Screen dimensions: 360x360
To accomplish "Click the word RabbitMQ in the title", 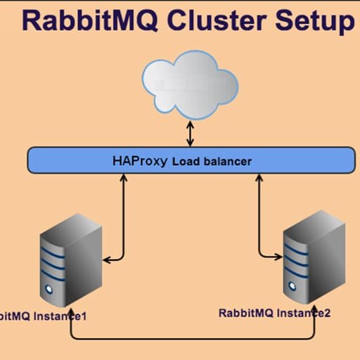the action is coord(90,20).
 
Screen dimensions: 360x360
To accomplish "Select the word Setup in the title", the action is coord(315,21).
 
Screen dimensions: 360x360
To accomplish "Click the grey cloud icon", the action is coord(190,85).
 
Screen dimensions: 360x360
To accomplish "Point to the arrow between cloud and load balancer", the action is coord(190,134).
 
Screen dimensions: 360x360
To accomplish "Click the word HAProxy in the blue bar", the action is coord(140,161).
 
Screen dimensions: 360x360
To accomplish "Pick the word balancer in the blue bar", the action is coord(228,162).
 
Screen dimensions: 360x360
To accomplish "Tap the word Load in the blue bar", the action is coord(186,162).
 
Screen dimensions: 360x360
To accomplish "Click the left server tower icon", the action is coord(71,260).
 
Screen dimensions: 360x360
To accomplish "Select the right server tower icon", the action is coord(314,257).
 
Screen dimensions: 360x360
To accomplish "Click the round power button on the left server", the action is coord(49,289).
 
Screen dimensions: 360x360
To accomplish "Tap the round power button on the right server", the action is coord(292,286).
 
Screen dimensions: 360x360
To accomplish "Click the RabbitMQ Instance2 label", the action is coord(274,313).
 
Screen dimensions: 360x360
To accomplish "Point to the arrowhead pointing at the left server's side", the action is coord(107,260).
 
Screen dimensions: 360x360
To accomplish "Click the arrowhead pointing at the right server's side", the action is coord(278,257).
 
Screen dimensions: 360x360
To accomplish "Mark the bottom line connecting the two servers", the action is coord(193,339).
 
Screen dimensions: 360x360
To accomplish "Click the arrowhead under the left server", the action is coord(71,311).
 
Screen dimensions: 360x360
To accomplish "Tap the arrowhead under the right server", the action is coord(315,309).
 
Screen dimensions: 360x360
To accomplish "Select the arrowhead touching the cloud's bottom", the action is coord(190,124).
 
